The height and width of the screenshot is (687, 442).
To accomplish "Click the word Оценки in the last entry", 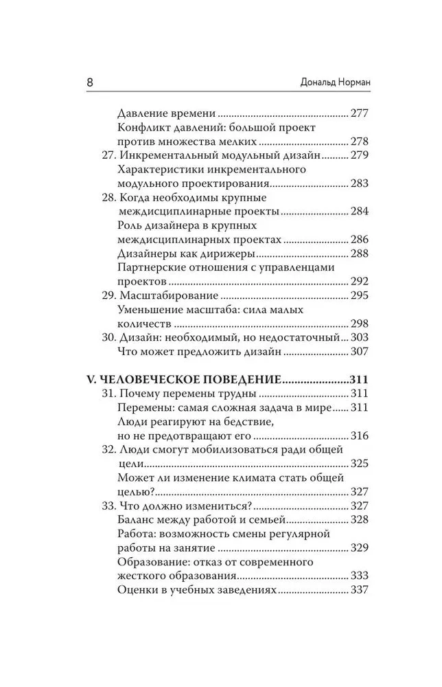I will point(139,591).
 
